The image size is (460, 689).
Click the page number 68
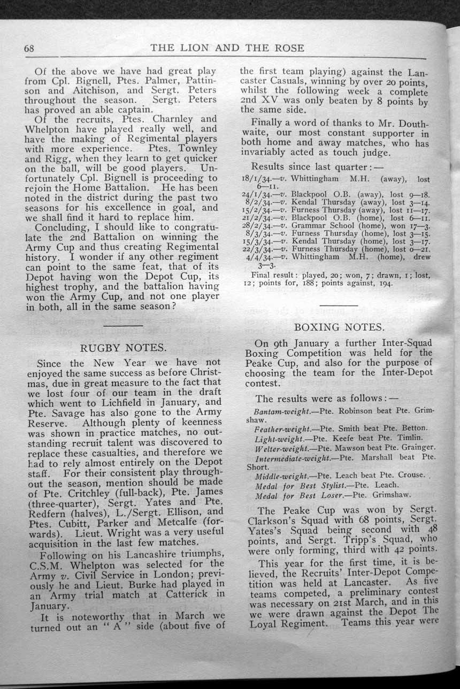click(29, 48)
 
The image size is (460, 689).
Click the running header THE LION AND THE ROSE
click(227, 48)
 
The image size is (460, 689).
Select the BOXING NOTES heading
click(339, 327)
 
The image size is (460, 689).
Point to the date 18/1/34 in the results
click(258, 180)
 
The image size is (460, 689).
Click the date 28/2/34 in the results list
click(258, 225)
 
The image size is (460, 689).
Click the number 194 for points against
click(384, 283)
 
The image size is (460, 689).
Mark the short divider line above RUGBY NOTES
click(122, 325)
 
